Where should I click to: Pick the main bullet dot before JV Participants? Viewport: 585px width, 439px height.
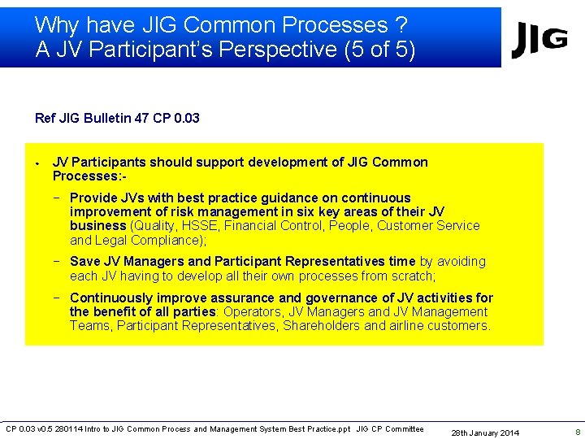(37, 163)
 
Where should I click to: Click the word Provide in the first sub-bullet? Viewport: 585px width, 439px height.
(93, 198)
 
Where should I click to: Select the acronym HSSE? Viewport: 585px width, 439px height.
(200, 226)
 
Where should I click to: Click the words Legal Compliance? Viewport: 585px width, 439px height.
(145, 240)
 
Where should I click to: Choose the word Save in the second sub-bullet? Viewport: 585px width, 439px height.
(84, 261)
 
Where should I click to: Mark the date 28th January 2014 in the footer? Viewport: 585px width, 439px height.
(485, 432)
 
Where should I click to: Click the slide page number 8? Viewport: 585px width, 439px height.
(577, 432)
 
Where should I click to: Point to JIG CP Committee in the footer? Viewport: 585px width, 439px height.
(390, 429)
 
